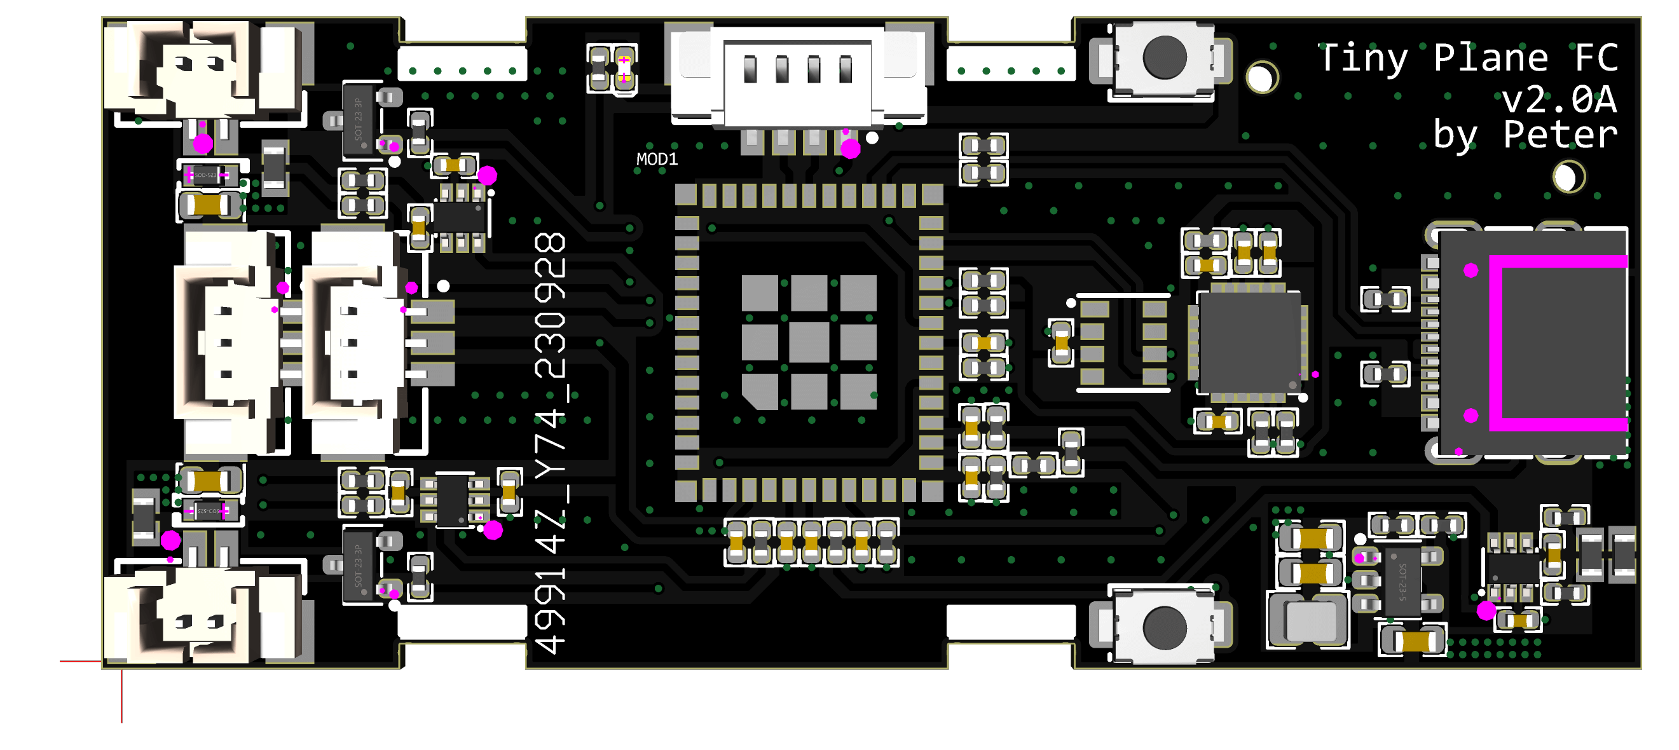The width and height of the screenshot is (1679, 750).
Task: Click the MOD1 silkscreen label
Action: pos(656,160)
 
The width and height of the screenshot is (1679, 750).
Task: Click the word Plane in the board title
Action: pos(1490,58)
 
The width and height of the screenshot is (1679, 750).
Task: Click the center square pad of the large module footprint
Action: pos(809,342)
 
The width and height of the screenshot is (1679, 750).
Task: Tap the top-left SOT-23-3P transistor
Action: pos(358,121)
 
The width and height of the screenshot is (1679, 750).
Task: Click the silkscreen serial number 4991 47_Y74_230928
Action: pos(551,443)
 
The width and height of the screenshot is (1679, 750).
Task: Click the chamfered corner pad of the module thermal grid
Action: pos(760,391)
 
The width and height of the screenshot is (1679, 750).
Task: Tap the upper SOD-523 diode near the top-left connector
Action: pos(208,175)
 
